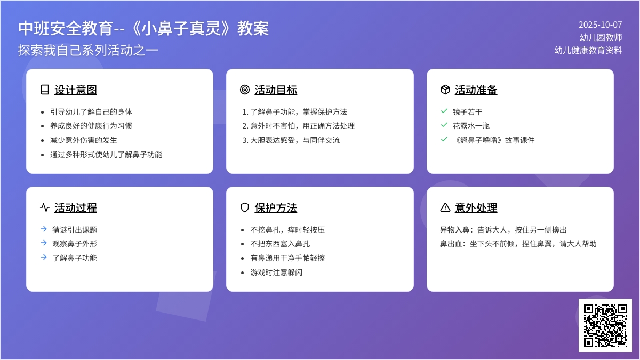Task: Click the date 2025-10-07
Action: tap(600, 25)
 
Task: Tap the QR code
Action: tap(605, 325)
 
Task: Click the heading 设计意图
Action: tap(76, 90)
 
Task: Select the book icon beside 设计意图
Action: tap(45, 90)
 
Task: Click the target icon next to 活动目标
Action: tap(245, 90)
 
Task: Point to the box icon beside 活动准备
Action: tap(445, 90)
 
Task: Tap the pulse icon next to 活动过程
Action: tap(45, 207)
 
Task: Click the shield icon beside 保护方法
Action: tap(245, 207)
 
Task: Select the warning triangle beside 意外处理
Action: tap(445, 207)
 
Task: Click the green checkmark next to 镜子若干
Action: tap(444, 111)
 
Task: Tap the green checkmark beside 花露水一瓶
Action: tap(444, 125)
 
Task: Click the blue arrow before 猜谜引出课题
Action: tap(44, 229)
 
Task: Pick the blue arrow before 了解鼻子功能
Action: tap(44, 257)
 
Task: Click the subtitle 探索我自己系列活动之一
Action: tap(88, 50)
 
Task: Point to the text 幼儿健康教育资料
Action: tap(588, 50)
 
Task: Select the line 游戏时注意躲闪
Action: tap(276, 273)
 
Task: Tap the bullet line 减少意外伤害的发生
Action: tap(84, 140)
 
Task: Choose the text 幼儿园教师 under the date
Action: tap(601, 37)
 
